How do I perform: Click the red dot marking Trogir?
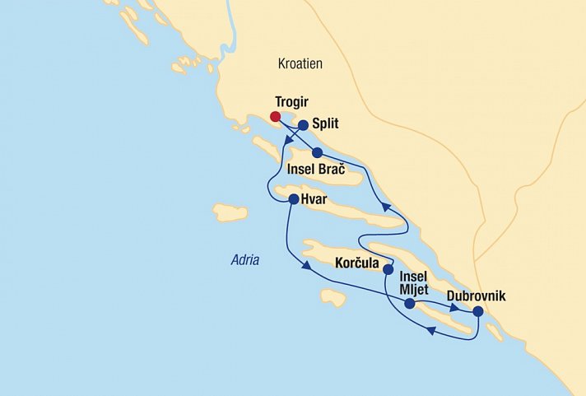point(275,116)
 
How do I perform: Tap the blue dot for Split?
point(303,125)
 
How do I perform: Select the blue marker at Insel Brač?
point(317,152)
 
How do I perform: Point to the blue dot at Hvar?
point(293,198)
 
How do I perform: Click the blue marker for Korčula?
point(388,268)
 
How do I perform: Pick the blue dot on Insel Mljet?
point(410,304)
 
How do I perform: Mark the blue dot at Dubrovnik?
point(477,311)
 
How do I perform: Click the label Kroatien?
point(300,63)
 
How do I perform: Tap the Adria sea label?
point(244,260)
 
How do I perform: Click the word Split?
point(326,125)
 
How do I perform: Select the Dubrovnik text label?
point(476,295)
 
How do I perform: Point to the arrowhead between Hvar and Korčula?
point(306,267)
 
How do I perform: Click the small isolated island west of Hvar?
point(230,212)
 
